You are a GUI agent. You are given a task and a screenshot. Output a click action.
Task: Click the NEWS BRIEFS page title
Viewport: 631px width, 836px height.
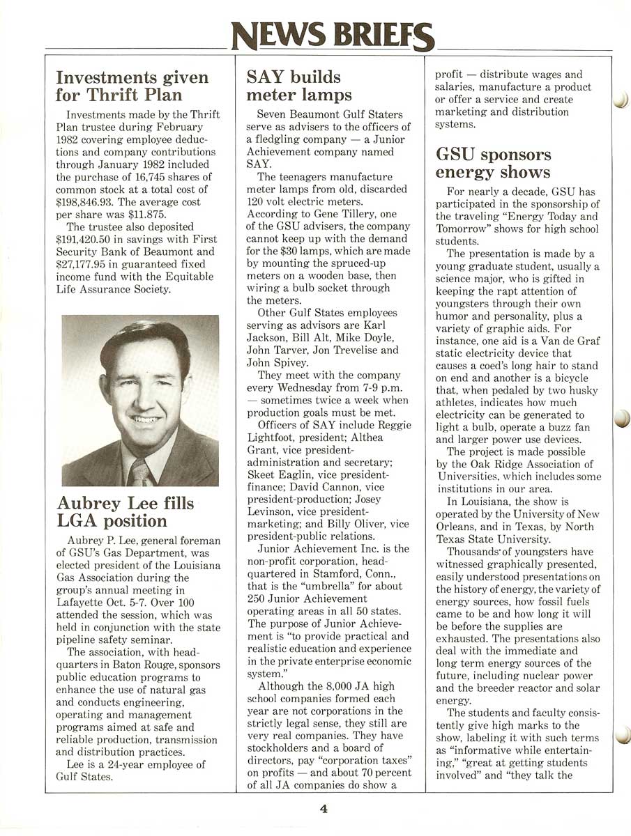333,34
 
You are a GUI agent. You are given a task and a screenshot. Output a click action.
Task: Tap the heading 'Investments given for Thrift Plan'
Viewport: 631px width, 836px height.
132,86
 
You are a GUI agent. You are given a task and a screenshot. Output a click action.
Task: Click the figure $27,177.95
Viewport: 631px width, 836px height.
84,264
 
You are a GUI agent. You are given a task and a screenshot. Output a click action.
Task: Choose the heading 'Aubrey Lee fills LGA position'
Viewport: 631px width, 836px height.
126,512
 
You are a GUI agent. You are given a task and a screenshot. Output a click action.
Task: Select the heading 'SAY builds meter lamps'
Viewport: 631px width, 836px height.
299,86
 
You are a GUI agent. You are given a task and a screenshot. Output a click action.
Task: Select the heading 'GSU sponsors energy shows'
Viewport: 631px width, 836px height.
493,163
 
